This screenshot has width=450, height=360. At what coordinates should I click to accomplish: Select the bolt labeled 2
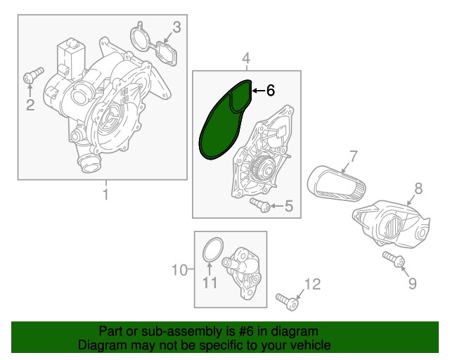[33, 75]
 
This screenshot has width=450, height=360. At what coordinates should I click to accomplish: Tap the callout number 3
[176, 27]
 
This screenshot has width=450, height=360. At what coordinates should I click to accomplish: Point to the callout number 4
[246, 57]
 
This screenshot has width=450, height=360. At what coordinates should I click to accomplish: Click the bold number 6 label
[270, 90]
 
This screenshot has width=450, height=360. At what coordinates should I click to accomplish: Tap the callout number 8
[417, 188]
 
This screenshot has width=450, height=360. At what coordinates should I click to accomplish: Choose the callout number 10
[179, 269]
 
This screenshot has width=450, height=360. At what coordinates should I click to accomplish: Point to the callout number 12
[311, 284]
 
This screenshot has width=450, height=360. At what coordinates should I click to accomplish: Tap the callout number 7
[354, 155]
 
